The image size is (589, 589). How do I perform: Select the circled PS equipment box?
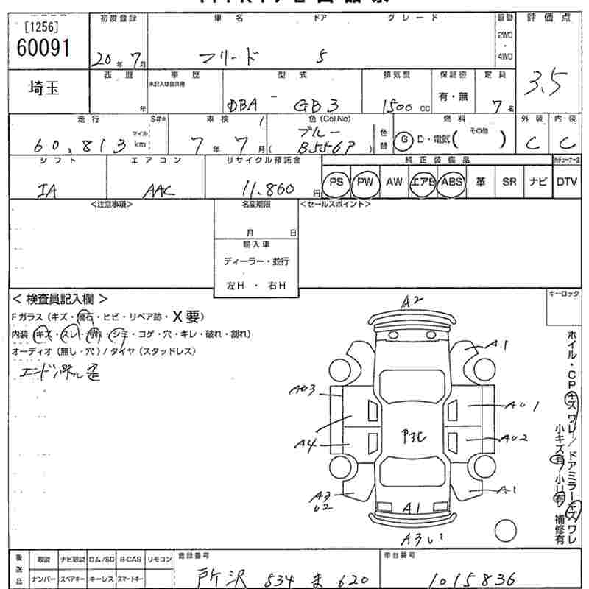tap(336, 182)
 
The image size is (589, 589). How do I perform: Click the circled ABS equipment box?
tap(451, 182)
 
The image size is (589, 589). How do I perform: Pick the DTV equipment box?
tap(566, 182)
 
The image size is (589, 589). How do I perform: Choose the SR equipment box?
tap(509, 182)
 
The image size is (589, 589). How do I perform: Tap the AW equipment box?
tap(394, 182)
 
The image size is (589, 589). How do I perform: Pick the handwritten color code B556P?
tap(330, 147)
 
